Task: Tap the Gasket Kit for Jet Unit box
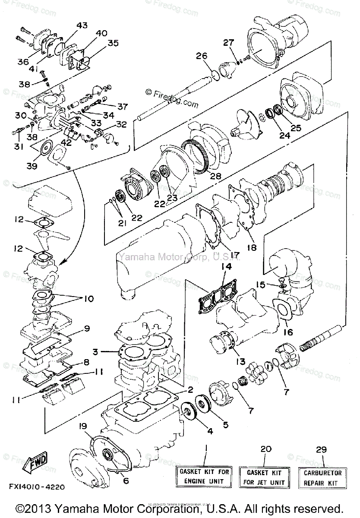pyautogui.click(x=264, y=478)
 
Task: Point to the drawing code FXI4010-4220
pyautogui.click(x=36, y=486)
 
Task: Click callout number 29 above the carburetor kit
pyautogui.click(x=320, y=449)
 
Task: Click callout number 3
pyautogui.click(x=99, y=352)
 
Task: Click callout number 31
pyautogui.click(x=18, y=146)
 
